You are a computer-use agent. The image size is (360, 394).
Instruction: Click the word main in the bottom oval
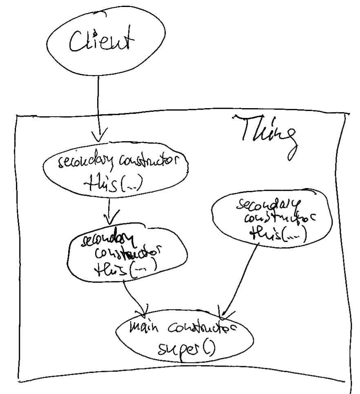pyautogui.click(x=144, y=330)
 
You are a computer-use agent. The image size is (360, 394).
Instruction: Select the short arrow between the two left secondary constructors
pyautogui.click(x=111, y=208)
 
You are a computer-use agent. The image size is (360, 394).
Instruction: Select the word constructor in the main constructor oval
pyautogui.click(x=200, y=330)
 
